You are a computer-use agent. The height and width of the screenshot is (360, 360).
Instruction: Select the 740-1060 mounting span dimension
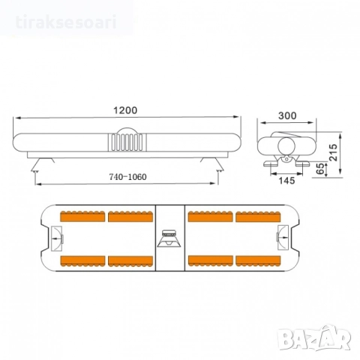coord(126,178)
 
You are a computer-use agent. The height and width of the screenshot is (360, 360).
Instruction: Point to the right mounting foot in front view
coord(218,162)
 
